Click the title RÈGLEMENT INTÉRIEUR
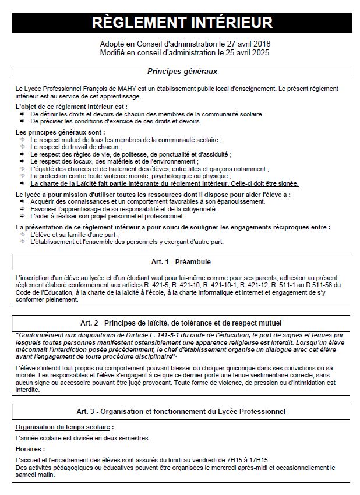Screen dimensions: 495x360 pos(182,22)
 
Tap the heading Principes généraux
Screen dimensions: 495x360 pos(182,72)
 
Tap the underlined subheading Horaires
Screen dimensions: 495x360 pos(30,449)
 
